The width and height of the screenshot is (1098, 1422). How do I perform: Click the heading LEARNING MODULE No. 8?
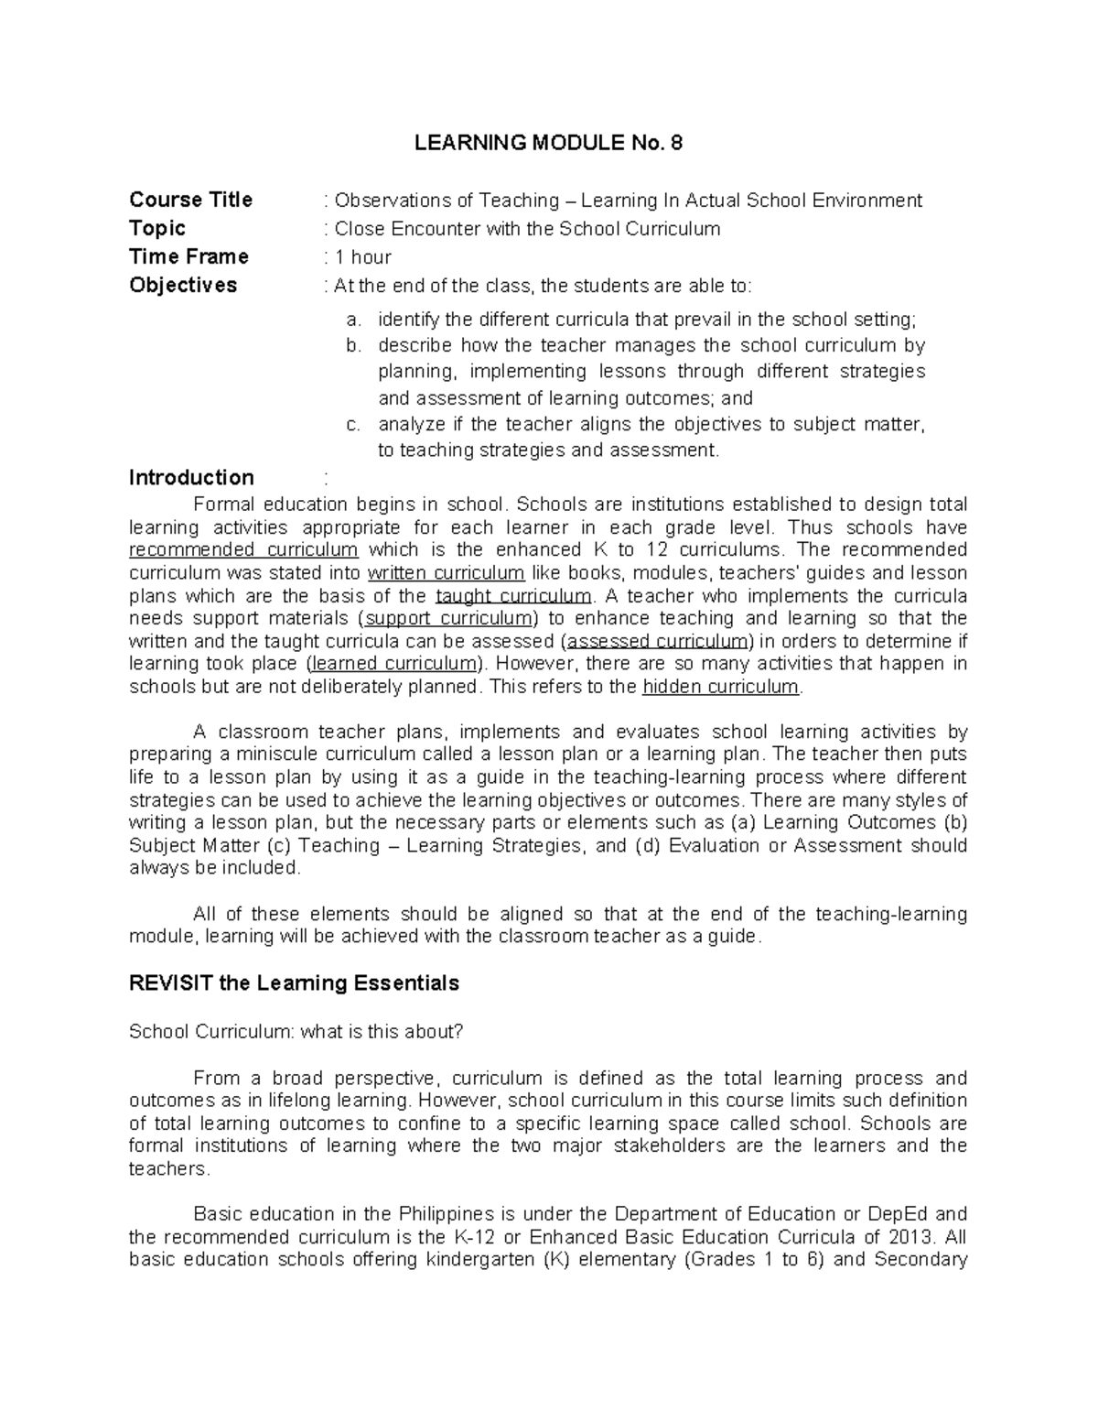pyautogui.click(x=548, y=143)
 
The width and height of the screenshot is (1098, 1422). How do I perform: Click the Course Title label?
pyautogui.click(x=190, y=200)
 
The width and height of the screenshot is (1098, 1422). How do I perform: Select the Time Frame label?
pyautogui.click(x=188, y=256)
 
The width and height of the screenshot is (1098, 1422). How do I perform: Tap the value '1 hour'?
pyautogui.click(x=362, y=257)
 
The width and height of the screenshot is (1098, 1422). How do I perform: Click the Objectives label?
pyautogui.click(x=183, y=285)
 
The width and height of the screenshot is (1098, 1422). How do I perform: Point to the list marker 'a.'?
pyautogui.click(x=353, y=320)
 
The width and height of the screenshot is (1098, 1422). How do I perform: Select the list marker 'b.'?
pyautogui.click(x=353, y=345)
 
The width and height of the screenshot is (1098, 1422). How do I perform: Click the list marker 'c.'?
pyautogui.click(x=353, y=424)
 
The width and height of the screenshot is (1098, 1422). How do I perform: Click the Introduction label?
pyautogui.click(x=191, y=477)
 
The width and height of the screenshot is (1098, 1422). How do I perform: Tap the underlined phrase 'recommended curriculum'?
pyautogui.click(x=243, y=550)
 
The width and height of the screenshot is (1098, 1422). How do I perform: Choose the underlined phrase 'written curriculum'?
pyautogui.click(x=446, y=573)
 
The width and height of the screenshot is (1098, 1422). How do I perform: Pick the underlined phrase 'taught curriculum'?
pyautogui.click(x=513, y=596)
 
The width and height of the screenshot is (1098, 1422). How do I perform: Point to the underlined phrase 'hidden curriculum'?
pyautogui.click(x=721, y=687)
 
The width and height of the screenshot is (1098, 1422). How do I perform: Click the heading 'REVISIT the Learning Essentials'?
pyautogui.click(x=294, y=983)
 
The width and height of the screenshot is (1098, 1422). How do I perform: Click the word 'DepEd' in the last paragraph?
pyautogui.click(x=897, y=1214)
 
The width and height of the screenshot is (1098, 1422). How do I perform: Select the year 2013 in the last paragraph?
pyautogui.click(x=911, y=1237)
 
